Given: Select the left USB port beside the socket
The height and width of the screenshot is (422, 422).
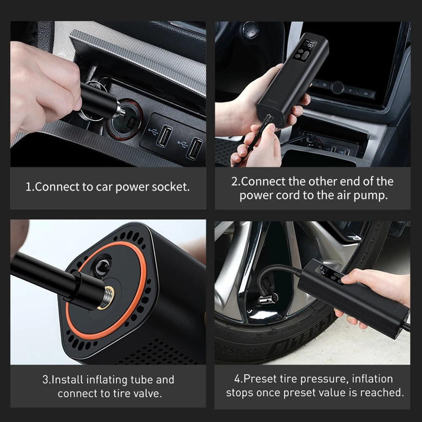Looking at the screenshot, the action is tap(164, 136).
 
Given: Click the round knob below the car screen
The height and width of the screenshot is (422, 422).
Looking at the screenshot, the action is tap(337, 88).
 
